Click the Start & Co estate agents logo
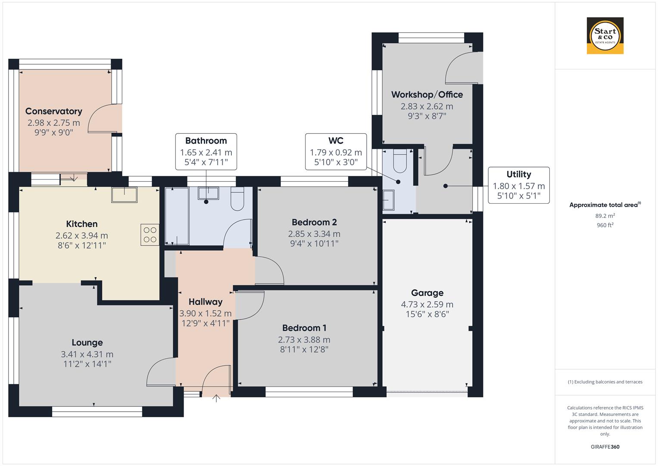pyautogui.click(x=605, y=36)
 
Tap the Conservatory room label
pyautogui.click(x=54, y=111)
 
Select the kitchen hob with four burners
pyautogui.click(x=150, y=235)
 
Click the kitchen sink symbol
pyautogui.click(x=125, y=195)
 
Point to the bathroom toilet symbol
pyautogui.click(x=237, y=199)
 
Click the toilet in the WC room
pyautogui.click(x=400, y=161)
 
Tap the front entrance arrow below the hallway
pyautogui.click(x=216, y=398)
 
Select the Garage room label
pyautogui.click(x=427, y=293)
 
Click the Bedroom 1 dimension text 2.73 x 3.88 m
pyautogui.click(x=304, y=340)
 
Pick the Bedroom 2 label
pyautogui.click(x=314, y=222)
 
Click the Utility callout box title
pyautogui.click(x=518, y=174)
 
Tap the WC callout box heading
pyautogui.click(x=336, y=141)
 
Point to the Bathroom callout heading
pyautogui.click(x=206, y=141)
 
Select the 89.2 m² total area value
pyautogui.click(x=605, y=216)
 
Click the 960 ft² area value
pyautogui.click(x=605, y=225)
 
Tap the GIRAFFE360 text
pyautogui.click(x=605, y=447)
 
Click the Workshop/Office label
pyautogui.click(x=427, y=94)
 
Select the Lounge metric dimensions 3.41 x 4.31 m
pyautogui.click(x=87, y=354)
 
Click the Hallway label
pyautogui.click(x=206, y=302)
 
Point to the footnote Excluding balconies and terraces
pyautogui.click(x=605, y=382)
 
